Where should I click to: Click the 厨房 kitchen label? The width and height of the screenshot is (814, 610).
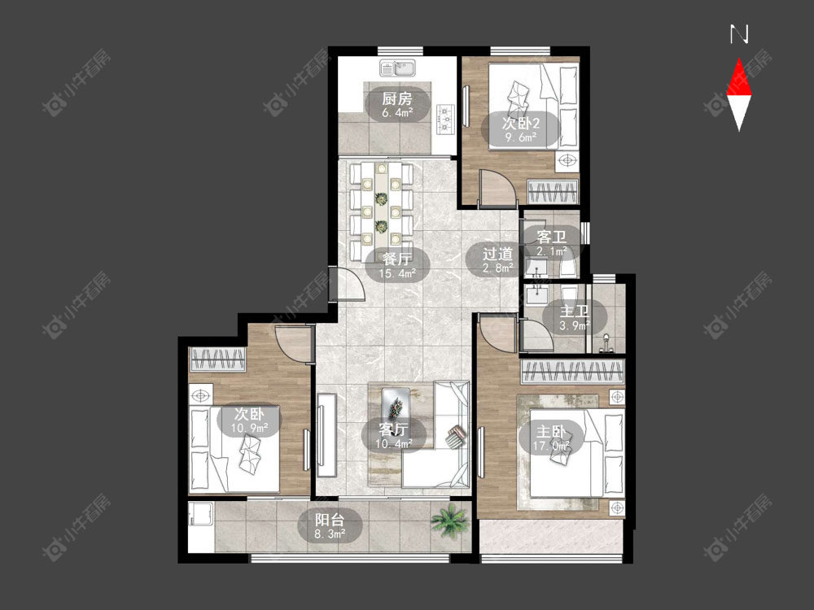click(x=397, y=98)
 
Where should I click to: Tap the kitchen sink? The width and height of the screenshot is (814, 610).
click(x=397, y=68)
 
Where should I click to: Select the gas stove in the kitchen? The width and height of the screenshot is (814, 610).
click(x=446, y=118)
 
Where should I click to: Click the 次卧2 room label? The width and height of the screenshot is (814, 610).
click(x=521, y=124)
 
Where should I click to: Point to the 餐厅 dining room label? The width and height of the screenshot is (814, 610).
click(x=397, y=259)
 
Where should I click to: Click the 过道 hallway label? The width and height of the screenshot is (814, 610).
click(x=498, y=254)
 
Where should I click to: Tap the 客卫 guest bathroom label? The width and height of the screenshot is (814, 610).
click(x=551, y=237)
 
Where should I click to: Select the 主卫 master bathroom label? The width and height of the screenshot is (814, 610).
click(x=574, y=312)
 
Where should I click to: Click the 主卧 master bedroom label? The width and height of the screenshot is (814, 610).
click(x=551, y=432)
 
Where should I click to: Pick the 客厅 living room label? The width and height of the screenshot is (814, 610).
click(x=393, y=429)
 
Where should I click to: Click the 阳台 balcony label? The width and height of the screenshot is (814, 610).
click(x=330, y=519)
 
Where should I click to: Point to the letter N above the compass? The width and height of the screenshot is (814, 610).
click(x=739, y=34)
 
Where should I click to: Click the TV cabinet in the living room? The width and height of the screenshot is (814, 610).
click(x=326, y=435)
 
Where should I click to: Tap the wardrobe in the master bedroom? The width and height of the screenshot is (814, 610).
click(x=572, y=372)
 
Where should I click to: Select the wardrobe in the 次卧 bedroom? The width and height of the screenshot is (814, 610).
click(x=218, y=359)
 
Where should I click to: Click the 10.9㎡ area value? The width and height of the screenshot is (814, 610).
click(x=250, y=429)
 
